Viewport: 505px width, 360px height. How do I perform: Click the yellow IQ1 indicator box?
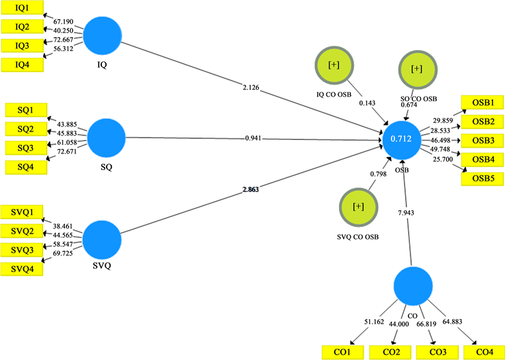22,9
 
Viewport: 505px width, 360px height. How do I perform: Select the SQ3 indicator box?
25,147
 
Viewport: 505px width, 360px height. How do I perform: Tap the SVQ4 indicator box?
23,269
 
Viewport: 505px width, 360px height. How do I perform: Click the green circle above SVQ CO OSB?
357,206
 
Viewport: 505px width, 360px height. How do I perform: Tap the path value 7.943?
406,212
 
